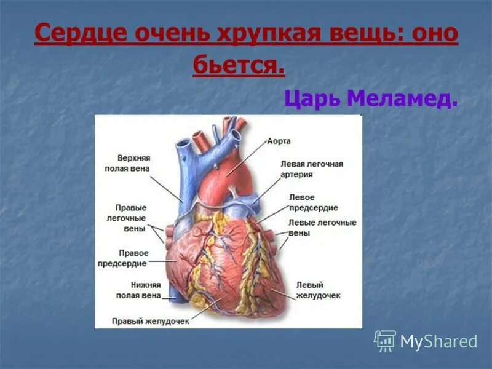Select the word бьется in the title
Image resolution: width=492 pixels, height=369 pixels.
pyautogui.click(x=239, y=65)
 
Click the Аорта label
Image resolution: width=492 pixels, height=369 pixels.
pyautogui.click(x=279, y=141)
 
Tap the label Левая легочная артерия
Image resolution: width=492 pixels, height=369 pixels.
pyautogui.click(x=312, y=169)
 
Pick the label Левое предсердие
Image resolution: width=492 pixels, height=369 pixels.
pyautogui.click(x=305, y=202)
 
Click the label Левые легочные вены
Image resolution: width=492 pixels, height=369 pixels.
pyautogui.click(x=322, y=228)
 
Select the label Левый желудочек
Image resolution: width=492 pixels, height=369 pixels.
pyautogui.click(x=318, y=290)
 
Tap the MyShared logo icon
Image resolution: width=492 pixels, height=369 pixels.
pyautogui.click(x=385, y=341)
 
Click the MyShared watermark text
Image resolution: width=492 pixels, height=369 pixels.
pyautogui.click(x=438, y=342)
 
